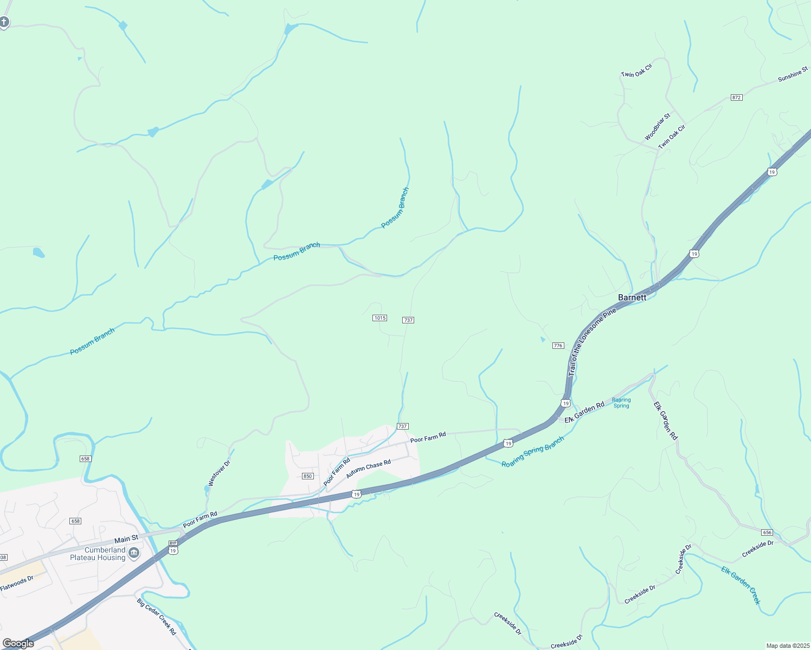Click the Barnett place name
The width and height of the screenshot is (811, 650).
(632, 297)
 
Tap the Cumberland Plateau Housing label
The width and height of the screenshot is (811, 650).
(98, 554)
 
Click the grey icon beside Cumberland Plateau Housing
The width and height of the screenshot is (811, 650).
(134, 553)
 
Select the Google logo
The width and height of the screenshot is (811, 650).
(18, 643)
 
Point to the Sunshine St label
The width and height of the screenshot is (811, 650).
(793, 75)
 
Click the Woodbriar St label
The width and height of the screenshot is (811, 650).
(658, 127)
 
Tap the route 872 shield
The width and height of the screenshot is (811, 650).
(736, 97)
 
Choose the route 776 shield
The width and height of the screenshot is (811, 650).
(558, 346)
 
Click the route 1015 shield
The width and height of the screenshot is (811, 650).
(379, 318)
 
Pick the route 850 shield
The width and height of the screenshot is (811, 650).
(308, 476)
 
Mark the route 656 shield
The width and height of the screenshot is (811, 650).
(767, 532)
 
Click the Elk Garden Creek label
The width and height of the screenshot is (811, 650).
(741, 585)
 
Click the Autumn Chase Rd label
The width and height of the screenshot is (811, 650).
(368, 469)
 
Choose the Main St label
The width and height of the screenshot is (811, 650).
(126, 539)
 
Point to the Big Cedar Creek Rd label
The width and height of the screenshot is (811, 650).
(157, 616)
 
